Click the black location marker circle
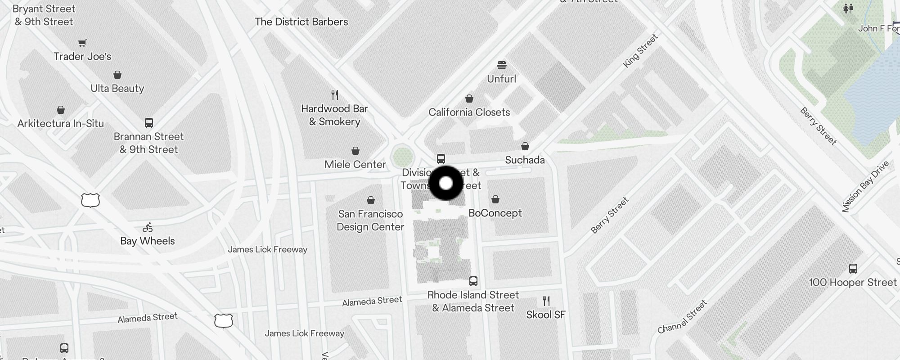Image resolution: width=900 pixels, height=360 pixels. [x=445, y=183]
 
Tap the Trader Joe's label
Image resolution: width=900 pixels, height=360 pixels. [x=82, y=57]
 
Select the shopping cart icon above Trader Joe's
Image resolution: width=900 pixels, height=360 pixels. [x=82, y=43]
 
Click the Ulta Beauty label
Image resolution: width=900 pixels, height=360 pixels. [x=117, y=89]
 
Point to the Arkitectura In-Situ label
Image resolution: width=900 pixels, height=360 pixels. [x=60, y=124]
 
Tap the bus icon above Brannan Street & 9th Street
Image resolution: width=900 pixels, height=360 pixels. [x=149, y=122]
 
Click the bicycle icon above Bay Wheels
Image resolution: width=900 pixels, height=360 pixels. [x=148, y=227]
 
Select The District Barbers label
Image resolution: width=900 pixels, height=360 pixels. [x=301, y=22]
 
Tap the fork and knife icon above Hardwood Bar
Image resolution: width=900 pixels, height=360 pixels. [x=334, y=95]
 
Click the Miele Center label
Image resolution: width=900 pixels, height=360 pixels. [x=355, y=165]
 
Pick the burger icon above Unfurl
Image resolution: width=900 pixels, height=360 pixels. [x=502, y=65]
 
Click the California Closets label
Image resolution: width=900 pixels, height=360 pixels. [x=469, y=112]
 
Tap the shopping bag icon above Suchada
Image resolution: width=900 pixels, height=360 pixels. [x=525, y=146]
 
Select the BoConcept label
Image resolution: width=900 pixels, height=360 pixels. [x=495, y=213]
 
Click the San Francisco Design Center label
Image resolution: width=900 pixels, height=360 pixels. [x=370, y=220]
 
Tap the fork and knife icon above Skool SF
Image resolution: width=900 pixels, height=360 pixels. [x=546, y=301]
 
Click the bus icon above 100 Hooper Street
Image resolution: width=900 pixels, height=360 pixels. [x=853, y=269]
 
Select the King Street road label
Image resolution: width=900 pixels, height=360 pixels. [x=640, y=51]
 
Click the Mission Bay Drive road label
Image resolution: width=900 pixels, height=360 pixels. [x=865, y=186]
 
